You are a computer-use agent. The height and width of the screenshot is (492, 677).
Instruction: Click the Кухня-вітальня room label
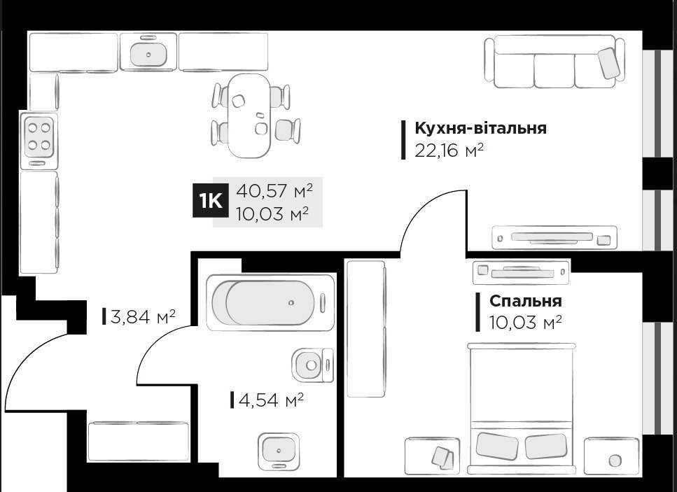tap(480, 129)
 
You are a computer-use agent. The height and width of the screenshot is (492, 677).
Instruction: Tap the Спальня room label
tap(525, 301)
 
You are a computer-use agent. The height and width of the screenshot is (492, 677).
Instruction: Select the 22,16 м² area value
tap(449, 150)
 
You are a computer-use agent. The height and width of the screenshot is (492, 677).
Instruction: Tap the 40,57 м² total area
tap(274, 190)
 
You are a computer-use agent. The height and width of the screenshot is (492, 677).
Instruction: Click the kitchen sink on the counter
tap(148, 52)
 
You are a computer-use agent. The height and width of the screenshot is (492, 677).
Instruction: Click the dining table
tap(250, 115)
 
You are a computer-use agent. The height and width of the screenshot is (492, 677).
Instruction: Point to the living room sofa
tap(554, 63)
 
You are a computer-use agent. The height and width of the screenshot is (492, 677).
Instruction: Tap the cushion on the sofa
tap(608, 64)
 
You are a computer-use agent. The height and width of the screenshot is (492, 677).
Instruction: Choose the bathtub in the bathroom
tap(270, 302)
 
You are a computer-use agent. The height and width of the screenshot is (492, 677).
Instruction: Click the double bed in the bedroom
tap(522, 406)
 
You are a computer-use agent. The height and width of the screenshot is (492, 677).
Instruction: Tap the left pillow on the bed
tap(497, 445)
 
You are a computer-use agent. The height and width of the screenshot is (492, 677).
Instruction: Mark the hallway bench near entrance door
tap(138, 440)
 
